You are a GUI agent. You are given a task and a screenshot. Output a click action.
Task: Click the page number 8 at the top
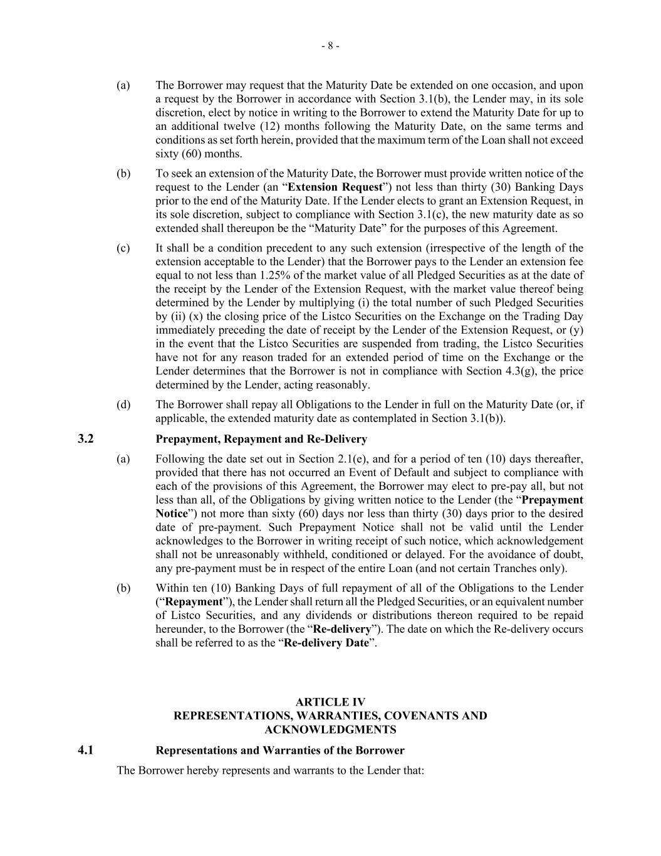330,46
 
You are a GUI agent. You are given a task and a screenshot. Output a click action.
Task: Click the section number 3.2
86,439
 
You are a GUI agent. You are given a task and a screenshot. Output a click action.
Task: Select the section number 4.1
86,750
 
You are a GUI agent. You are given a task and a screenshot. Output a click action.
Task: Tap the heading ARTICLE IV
330,702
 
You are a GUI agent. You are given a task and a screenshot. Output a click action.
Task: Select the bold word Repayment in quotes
193,602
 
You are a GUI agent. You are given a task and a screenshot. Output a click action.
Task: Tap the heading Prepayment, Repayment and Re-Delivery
261,439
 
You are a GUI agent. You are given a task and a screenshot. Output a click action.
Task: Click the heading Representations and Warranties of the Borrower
280,750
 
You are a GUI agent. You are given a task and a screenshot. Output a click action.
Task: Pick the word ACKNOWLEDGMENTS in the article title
330,729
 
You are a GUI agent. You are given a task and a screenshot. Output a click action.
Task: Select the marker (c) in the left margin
123,248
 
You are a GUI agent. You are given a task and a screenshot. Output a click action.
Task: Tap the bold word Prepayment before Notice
552,500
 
